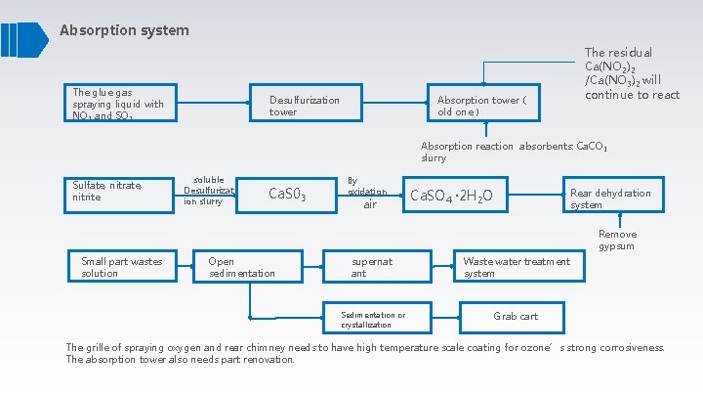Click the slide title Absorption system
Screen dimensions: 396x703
(124, 30)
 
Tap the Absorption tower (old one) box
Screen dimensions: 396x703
(483, 106)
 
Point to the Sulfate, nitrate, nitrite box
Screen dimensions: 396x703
(117, 191)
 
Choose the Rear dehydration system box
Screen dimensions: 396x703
(613, 198)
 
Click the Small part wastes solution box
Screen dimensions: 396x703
(121, 267)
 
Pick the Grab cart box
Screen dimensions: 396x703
(516, 316)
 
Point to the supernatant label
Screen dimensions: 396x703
(372, 267)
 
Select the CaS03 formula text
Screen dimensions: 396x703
(287, 197)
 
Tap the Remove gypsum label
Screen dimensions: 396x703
(617, 240)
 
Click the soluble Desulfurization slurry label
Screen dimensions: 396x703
(209, 191)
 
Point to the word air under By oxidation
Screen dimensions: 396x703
(370, 205)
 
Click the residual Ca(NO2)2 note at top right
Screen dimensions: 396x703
(632, 73)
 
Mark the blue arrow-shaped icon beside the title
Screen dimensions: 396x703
(24, 38)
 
